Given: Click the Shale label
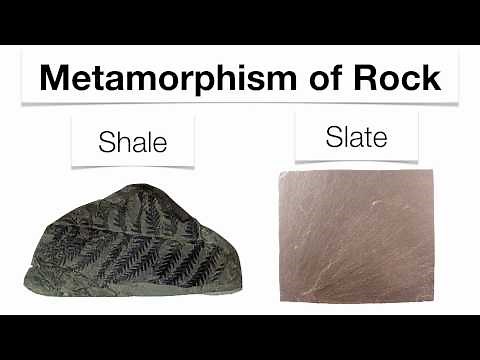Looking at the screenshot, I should pyautogui.click(x=131, y=142).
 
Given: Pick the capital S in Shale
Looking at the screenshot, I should pyautogui.click(x=107, y=142).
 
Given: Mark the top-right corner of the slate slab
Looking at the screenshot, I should pyautogui.click(x=433, y=170).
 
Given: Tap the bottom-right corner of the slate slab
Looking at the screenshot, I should pyautogui.click(x=434, y=301).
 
